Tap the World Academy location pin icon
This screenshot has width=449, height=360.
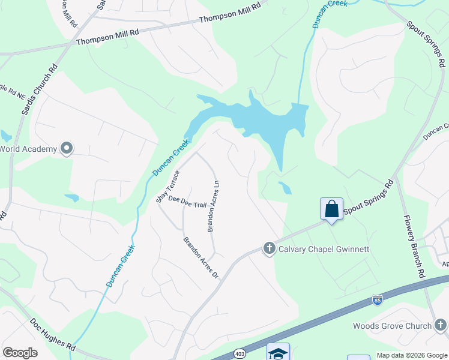click(x=67, y=148)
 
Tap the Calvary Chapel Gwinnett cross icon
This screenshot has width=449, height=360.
click(x=269, y=248)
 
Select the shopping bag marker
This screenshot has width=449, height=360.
click(x=331, y=209)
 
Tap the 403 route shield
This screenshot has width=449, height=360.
click(x=240, y=352)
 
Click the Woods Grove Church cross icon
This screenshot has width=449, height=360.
click(x=441, y=325)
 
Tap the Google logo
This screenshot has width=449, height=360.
click(x=20, y=353)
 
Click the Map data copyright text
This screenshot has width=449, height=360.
click(x=411, y=355)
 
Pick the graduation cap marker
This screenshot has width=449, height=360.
click(x=278, y=353)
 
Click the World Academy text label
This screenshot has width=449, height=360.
click(x=28, y=149)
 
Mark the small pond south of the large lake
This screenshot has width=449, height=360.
click(x=285, y=188)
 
